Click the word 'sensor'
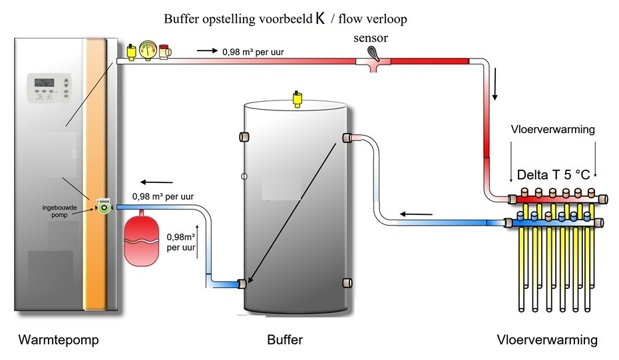pyautogui.click(x=371, y=38)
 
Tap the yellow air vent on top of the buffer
pyautogui.click(x=296, y=99)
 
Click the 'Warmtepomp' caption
pyautogui.click(x=59, y=340)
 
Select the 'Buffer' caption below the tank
pyautogui.click(x=285, y=340)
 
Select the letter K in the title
pyautogui.click(x=320, y=19)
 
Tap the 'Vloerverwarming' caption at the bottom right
pyautogui.click(x=547, y=340)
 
